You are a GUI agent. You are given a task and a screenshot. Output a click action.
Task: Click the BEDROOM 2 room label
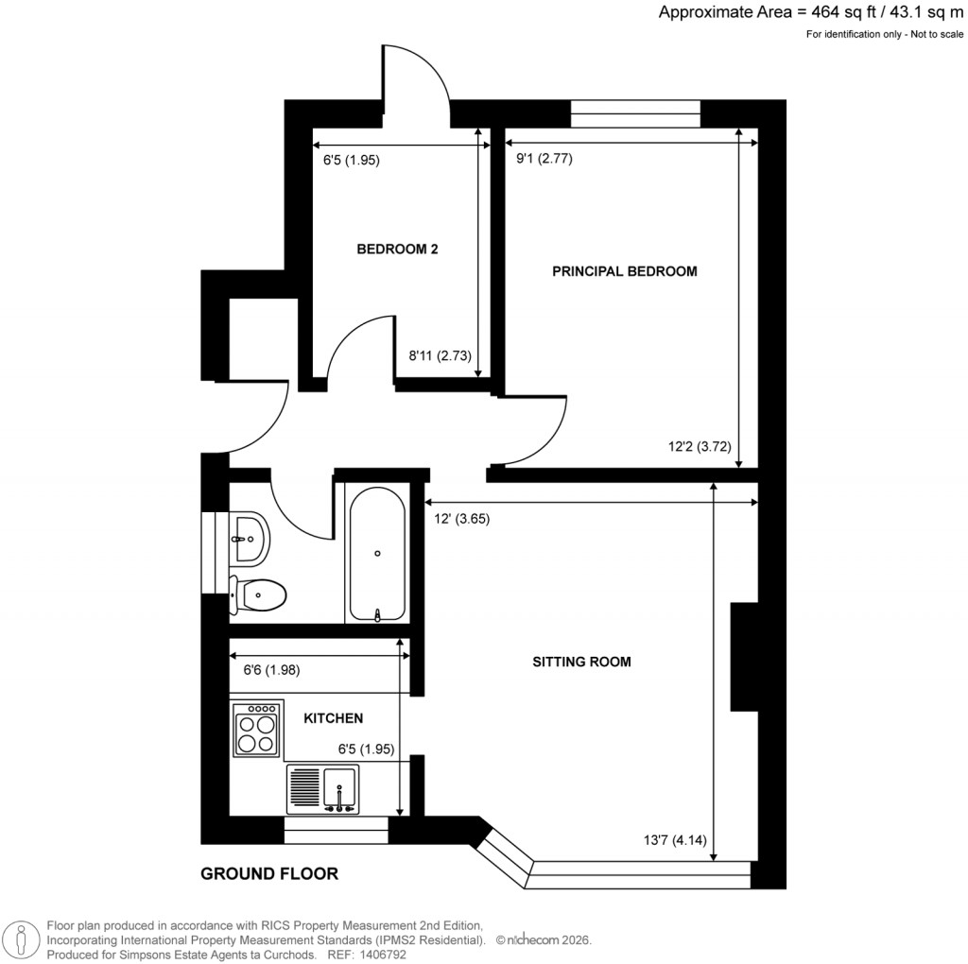(x=397, y=250)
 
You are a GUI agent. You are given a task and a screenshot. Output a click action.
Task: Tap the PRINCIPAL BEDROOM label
(x=624, y=271)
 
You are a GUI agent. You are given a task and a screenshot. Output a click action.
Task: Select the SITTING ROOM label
(x=581, y=662)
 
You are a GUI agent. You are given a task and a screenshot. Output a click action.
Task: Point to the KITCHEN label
(x=333, y=718)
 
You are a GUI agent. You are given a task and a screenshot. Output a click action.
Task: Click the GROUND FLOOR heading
(x=269, y=874)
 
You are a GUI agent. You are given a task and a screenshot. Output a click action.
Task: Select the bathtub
(x=378, y=552)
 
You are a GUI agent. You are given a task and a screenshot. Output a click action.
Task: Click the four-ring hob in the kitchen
(x=257, y=730)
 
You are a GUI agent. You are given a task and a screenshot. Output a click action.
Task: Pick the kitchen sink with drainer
(x=322, y=789)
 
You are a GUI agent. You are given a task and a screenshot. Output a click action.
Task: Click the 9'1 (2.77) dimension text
(x=544, y=159)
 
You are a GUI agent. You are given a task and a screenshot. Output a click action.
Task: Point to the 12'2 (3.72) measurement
(x=700, y=449)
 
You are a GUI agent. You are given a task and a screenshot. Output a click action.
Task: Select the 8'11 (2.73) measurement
(x=440, y=356)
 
